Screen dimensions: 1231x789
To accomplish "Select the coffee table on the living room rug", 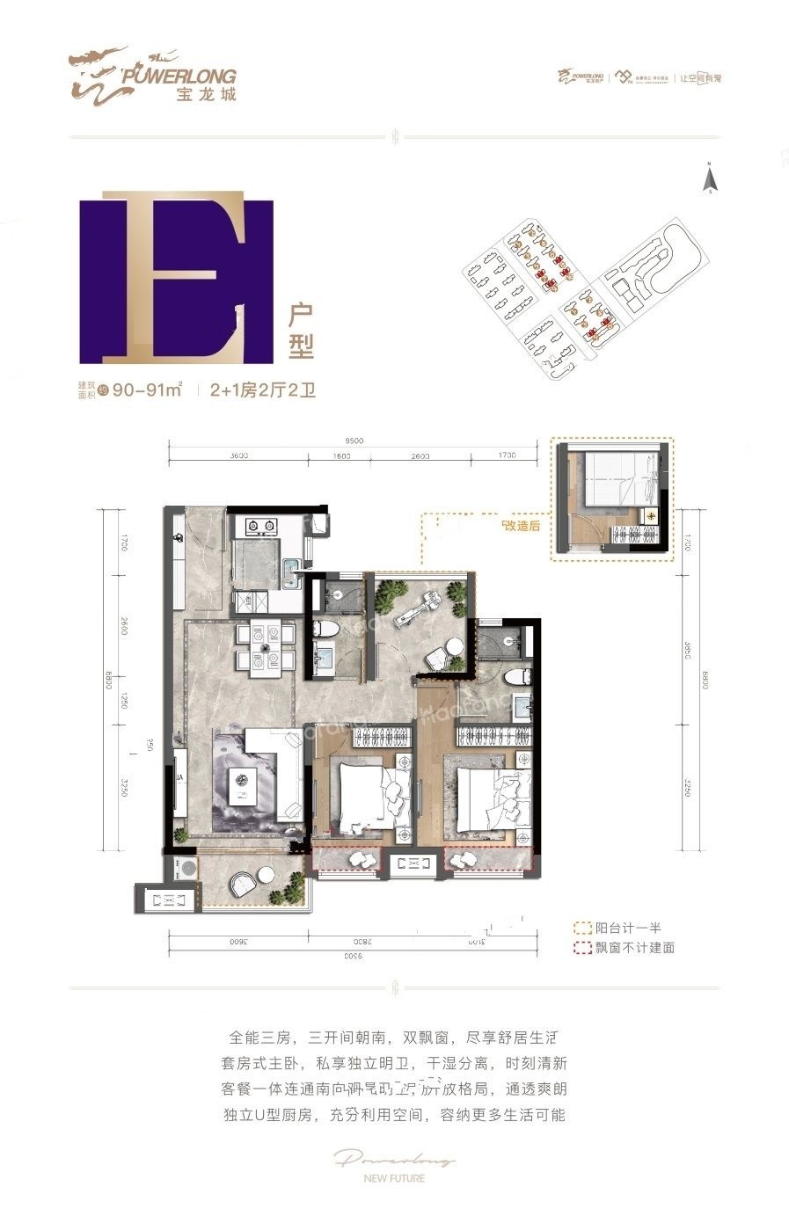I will [243, 783].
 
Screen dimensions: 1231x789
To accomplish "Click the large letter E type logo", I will [176, 281].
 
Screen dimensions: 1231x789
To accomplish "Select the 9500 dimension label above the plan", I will [354, 441].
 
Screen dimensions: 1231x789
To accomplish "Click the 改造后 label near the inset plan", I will [520, 526].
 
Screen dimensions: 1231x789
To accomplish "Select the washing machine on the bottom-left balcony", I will [186, 865].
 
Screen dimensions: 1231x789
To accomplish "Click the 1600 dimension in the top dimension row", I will [342, 456].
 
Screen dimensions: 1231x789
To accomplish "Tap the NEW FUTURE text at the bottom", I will [395, 1178].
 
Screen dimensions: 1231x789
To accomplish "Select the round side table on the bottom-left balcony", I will [266, 875].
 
